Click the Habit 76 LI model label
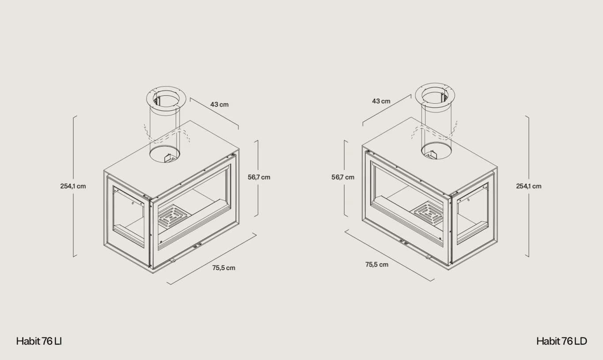pos(39,341)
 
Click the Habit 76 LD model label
pos(562,341)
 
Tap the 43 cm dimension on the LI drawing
pos(219,105)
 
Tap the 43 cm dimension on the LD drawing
pos(381,101)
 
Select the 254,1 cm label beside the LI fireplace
pos(73,186)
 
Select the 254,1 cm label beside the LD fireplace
pos(529,186)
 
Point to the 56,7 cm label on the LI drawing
pos(259,177)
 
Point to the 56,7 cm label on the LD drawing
pos(343,177)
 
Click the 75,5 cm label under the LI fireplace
pos(224,268)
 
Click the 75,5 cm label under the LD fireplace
pos(377,264)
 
